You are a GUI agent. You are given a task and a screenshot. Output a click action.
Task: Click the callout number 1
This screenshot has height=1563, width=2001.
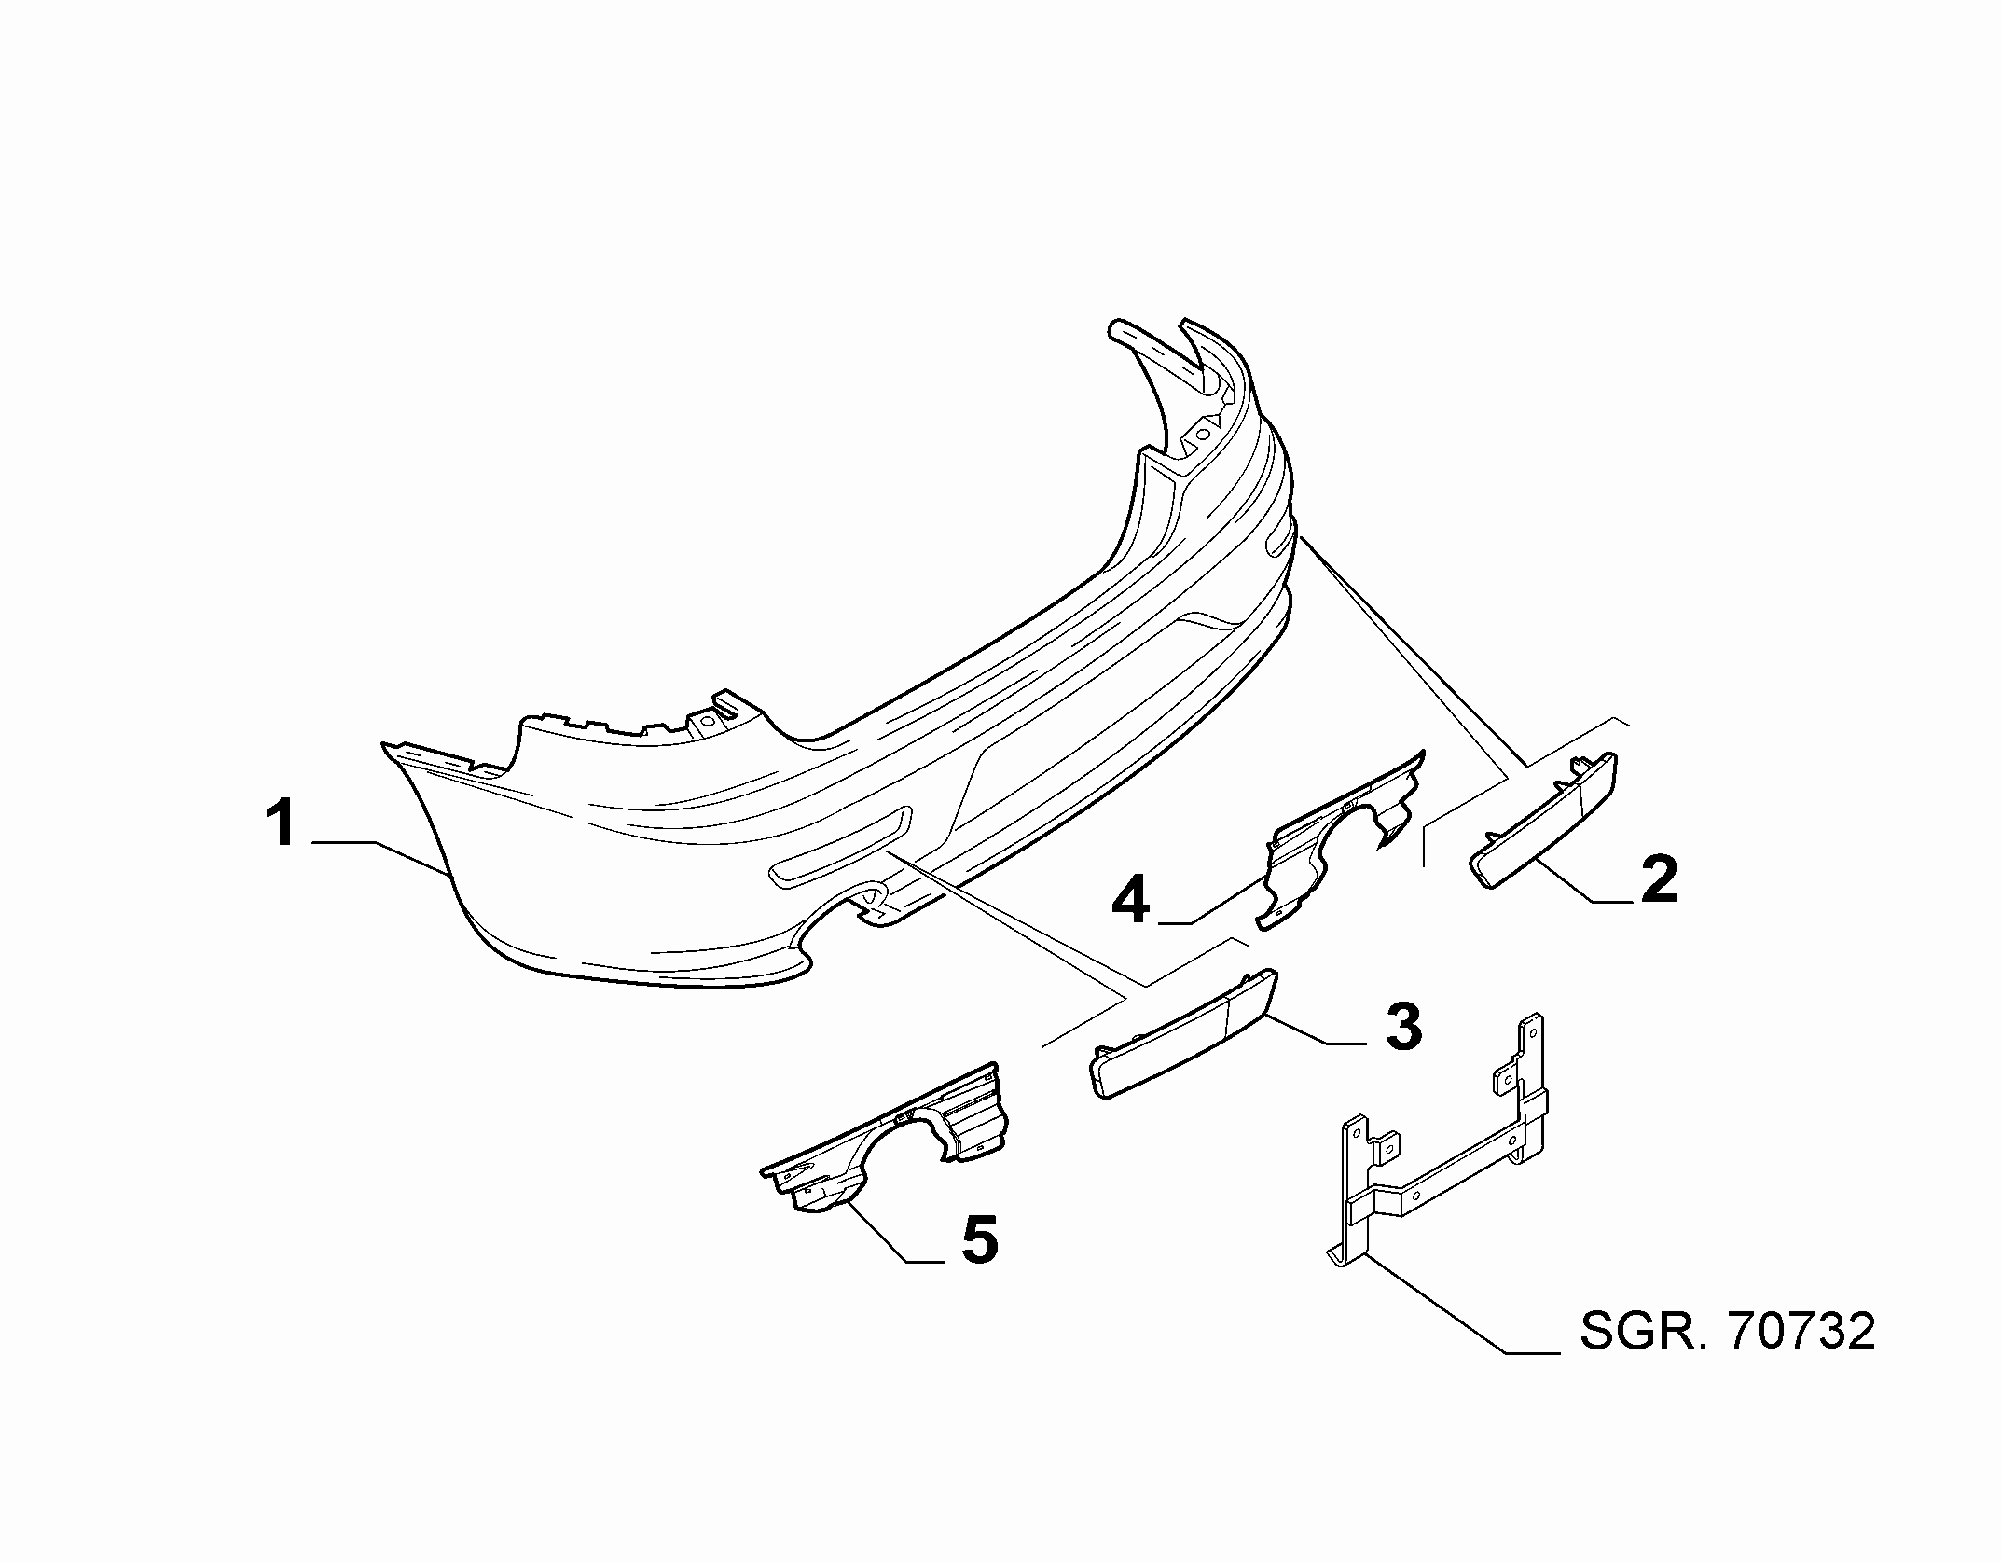click(282, 823)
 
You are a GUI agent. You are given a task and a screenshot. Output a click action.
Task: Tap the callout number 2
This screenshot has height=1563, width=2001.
click(1659, 878)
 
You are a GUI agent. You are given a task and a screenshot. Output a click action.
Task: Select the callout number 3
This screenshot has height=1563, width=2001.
click(1403, 1026)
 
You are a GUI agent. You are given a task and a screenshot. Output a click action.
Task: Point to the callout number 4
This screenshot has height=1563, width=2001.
click(1130, 900)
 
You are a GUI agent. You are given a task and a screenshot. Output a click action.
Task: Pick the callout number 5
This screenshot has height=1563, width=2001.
click(979, 1239)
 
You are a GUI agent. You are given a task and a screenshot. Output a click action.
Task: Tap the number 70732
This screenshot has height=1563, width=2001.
click(1801, 1331)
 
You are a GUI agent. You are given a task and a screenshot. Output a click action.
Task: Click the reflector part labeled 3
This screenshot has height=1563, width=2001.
click(1182, 1033)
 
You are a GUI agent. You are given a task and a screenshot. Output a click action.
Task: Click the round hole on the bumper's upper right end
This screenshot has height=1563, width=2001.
click(1203, 433)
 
